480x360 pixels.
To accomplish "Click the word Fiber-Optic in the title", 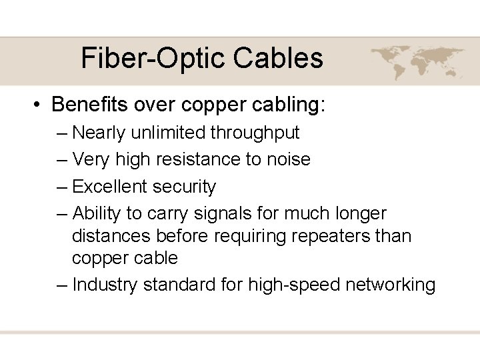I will click(153, 58).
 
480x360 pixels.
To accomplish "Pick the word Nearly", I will click(98, 133).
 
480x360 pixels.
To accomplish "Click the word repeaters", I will click(336, 236).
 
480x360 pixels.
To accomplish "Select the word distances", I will click(111, 236).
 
